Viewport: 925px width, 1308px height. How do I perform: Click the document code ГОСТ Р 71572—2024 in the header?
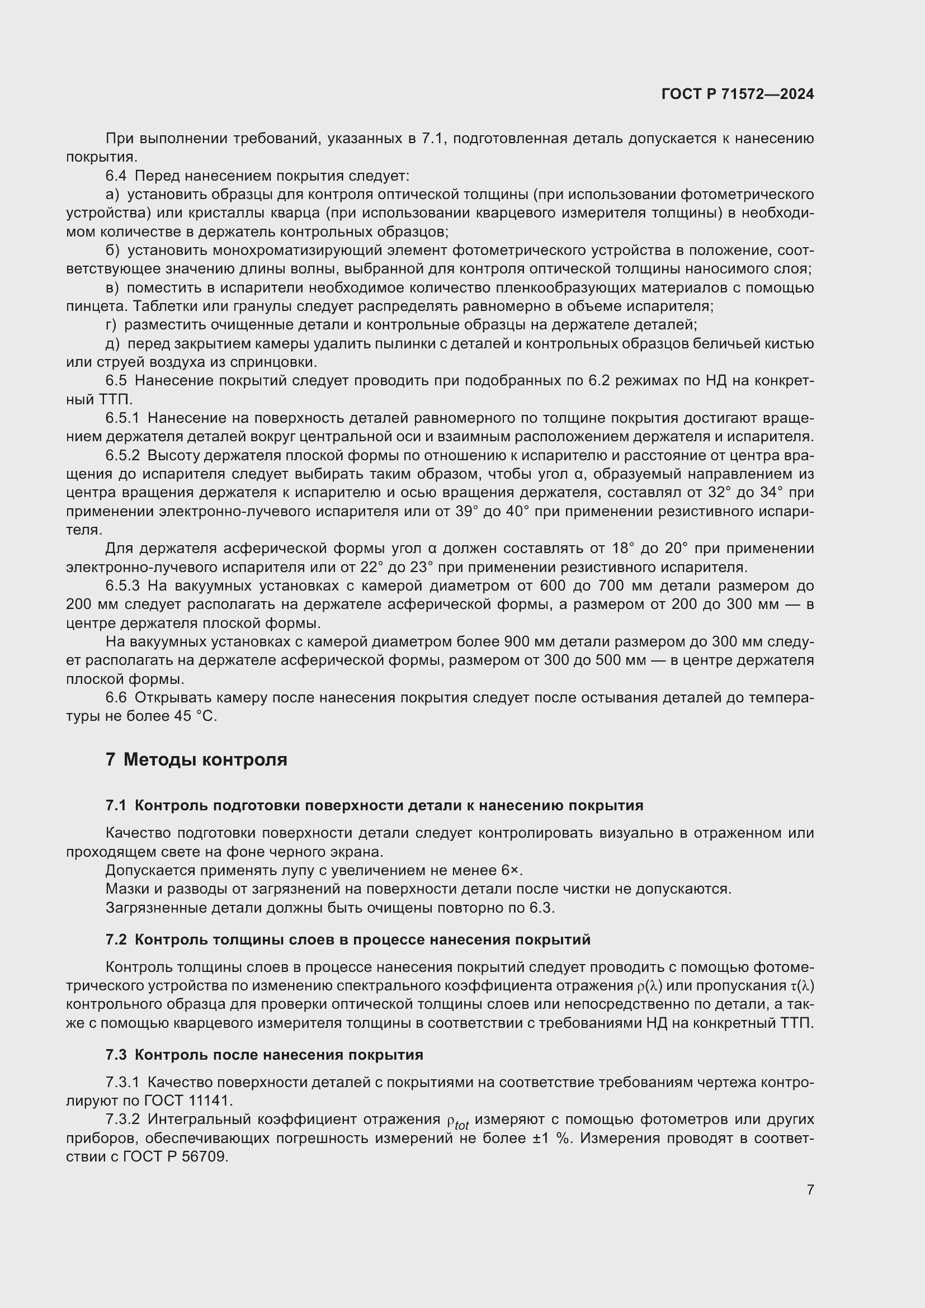point(738,94)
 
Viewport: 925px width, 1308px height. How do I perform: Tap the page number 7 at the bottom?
point(810,1189)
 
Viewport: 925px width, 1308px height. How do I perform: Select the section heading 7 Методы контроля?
point(196,759)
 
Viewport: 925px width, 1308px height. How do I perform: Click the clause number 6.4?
point(117,176)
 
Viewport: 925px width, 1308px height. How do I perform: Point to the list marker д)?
point(112,344)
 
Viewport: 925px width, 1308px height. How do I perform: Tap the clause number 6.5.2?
point(122,456)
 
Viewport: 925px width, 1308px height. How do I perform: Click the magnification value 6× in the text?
point(511,871)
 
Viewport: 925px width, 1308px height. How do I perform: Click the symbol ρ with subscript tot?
point(457,1122)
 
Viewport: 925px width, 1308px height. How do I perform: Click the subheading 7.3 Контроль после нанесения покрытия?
point(265,1055)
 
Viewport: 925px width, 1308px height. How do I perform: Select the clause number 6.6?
point(116,698)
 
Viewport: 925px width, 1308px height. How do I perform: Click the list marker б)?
point(112,251)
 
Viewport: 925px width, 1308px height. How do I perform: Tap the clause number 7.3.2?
point(122,1120)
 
